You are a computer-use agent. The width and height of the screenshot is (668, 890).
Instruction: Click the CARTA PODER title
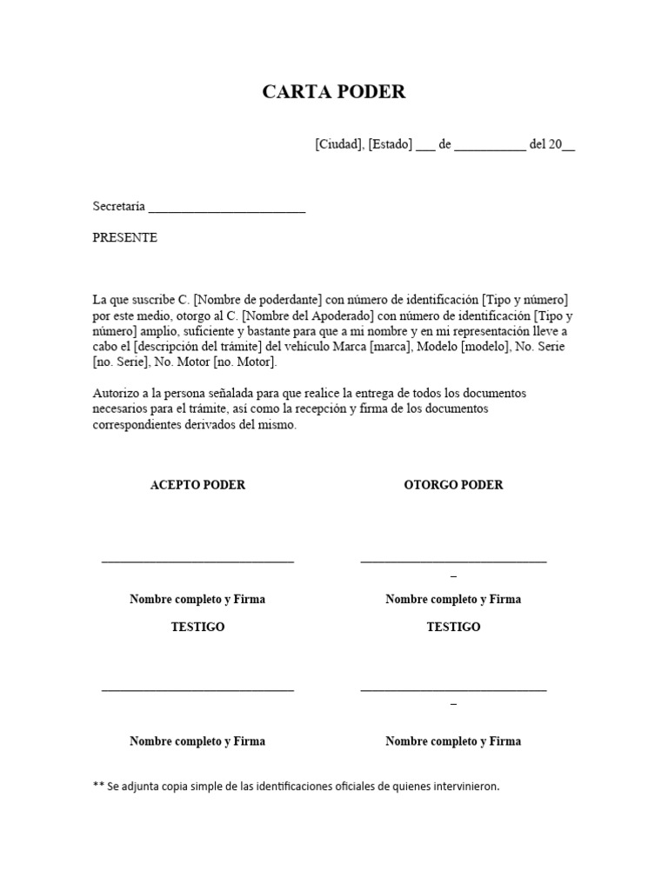click(x=334, y=92)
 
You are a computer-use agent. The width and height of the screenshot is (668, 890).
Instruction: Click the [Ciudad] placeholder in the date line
click(x=338, y=145)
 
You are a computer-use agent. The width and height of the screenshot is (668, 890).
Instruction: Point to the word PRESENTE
click(x=125, y=237)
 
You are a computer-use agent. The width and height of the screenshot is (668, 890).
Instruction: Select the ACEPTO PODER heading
click(x=197, y=485)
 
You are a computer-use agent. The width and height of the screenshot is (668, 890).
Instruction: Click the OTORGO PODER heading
click(x=453, y=485)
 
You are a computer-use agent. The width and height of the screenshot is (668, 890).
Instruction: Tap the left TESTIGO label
click(x=197, y=627)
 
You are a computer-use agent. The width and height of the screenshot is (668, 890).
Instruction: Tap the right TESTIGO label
click(x=453, y=627)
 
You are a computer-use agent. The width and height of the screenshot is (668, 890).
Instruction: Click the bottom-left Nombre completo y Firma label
click(x=197, y=741)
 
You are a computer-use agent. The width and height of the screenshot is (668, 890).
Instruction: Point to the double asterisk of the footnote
click(x=98, y=786)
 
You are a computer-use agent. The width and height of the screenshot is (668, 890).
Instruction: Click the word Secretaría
click(x=119, y=207)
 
